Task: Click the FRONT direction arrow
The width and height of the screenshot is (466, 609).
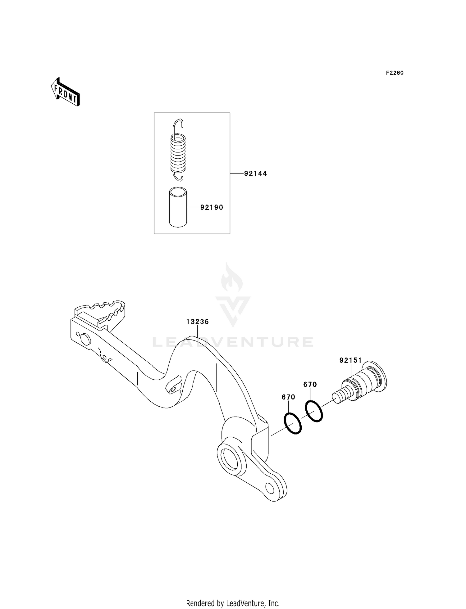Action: (x=66, y=92)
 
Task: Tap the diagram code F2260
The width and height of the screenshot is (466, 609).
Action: (x=395, y=73)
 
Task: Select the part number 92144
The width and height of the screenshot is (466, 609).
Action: (x=255, y=174)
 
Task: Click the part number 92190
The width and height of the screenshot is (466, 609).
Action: (x=212, y=207)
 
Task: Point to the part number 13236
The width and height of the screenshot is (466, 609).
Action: (x=198, y=322)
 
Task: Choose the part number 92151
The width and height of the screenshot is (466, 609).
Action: (x=350, y=360)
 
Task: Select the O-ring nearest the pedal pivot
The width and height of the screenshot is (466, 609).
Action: (x=293, y=423)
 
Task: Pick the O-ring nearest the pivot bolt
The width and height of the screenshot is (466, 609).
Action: (x=314, y=411)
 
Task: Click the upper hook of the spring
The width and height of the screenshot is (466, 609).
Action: (x=178, y=125)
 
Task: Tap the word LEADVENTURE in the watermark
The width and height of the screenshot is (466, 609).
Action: (x=233, y=342)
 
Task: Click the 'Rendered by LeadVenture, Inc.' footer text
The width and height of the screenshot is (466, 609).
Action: (x=233, y=603)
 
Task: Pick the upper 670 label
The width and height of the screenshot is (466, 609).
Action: (x=310, y=385)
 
